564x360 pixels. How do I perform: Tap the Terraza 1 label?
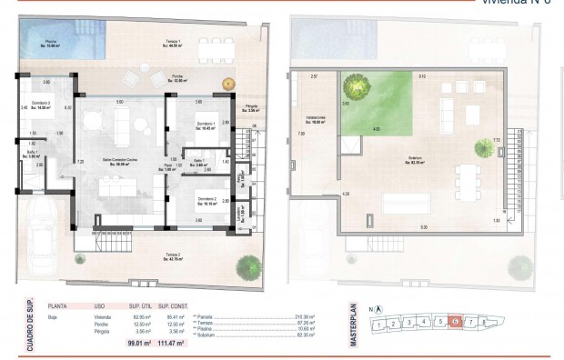click(x=173, y=44)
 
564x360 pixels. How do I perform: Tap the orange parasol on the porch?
click(x=227, y=85)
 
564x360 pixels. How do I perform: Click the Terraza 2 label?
click(x=173, y=256)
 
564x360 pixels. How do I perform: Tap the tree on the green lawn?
click(x=355, y=87)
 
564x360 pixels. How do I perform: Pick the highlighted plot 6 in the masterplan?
click(x=455, y=321)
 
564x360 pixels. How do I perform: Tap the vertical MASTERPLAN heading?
click(x=353, y=322)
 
